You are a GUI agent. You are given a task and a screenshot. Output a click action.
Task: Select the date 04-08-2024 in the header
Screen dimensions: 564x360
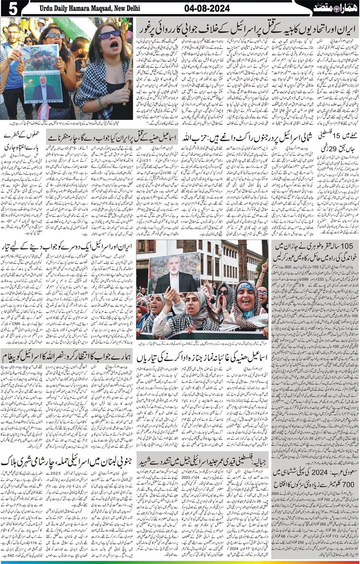(206, 9)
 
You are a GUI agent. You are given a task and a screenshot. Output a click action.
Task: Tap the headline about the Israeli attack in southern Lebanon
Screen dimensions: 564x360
(68, 463)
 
